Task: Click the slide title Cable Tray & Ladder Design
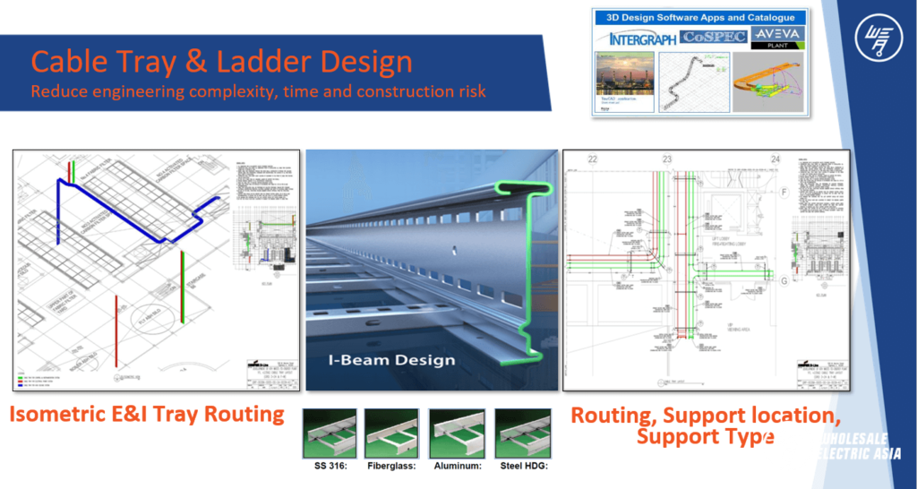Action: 221,62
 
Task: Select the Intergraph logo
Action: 634,38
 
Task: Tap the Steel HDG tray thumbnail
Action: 522,433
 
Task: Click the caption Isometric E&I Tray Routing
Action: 148,415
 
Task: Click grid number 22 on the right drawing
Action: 592,159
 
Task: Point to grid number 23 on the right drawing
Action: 666,159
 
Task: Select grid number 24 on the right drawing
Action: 775,159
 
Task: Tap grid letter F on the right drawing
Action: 784,192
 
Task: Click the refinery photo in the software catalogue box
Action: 624,81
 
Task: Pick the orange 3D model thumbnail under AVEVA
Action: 768,81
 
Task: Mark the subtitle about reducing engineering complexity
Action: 259,91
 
